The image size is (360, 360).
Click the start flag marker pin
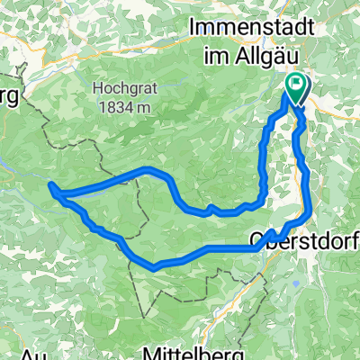[x=297, y=88]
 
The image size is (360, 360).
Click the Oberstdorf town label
[x=303, y=241]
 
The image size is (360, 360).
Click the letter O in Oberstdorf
[x=256, y=241]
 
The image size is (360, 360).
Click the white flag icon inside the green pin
[x=297, y=85]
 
